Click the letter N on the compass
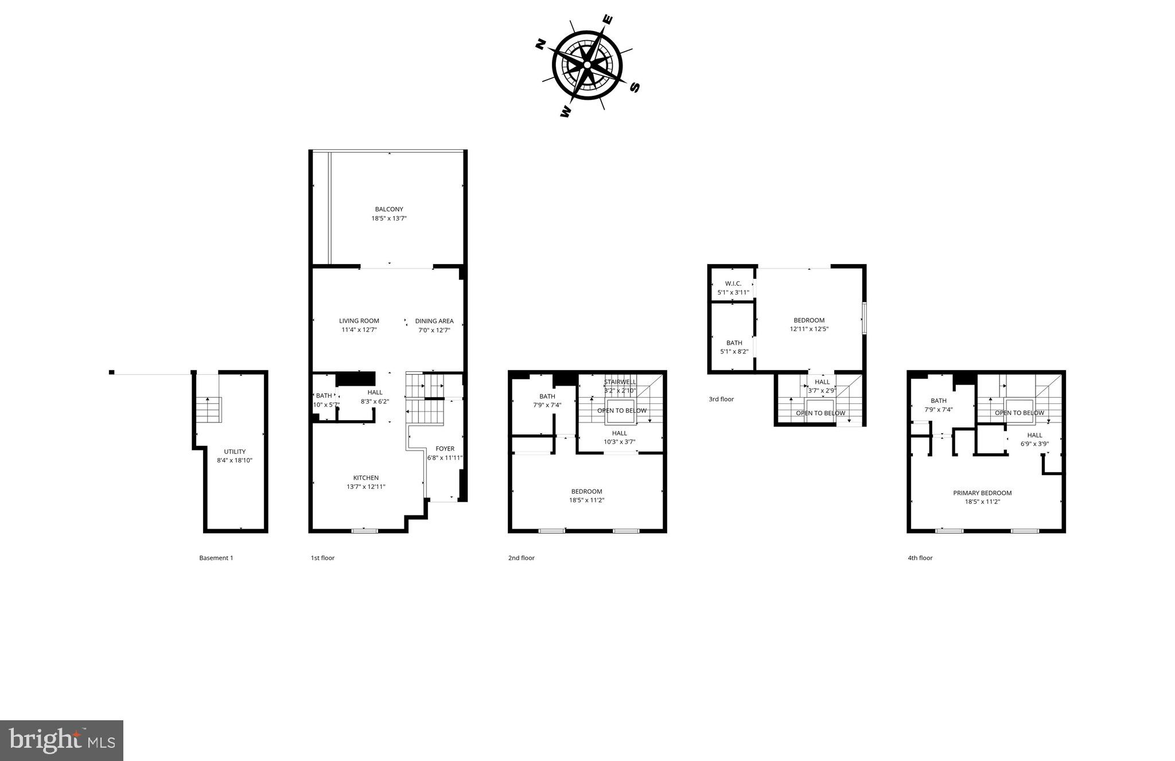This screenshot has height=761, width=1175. [x=540, y=44]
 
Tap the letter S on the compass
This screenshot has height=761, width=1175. [x=634, y=87]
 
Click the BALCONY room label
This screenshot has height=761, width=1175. [x=389, y=209]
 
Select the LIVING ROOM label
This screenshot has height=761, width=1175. [x=359, y=321]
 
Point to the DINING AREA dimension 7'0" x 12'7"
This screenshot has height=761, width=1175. [x=434, y=330]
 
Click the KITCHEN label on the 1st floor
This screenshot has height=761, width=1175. [x=365, y=477]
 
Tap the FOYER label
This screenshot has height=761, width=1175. [x=445, y=449]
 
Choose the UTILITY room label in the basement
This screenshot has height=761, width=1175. [x=235, y=452]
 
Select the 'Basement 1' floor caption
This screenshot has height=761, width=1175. [x=216, y=558]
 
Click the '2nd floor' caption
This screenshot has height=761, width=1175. [x=521, y=558]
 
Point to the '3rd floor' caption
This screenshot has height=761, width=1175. [x=721, y=399]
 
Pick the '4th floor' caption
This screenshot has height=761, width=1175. [x=920, y=558]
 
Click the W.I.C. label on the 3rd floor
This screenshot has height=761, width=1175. [x=733, y=284]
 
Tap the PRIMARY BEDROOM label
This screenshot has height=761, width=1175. [x=982, y=493]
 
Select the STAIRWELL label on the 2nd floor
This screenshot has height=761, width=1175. [x=620, y=382]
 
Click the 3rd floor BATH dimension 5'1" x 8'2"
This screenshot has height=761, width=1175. [x=734, y=352]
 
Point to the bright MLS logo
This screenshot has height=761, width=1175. [x=62, y=740]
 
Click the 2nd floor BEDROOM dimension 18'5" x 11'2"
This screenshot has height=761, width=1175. [x=586, y=500]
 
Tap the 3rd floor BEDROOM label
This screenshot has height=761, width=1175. [x=809, y=320]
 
